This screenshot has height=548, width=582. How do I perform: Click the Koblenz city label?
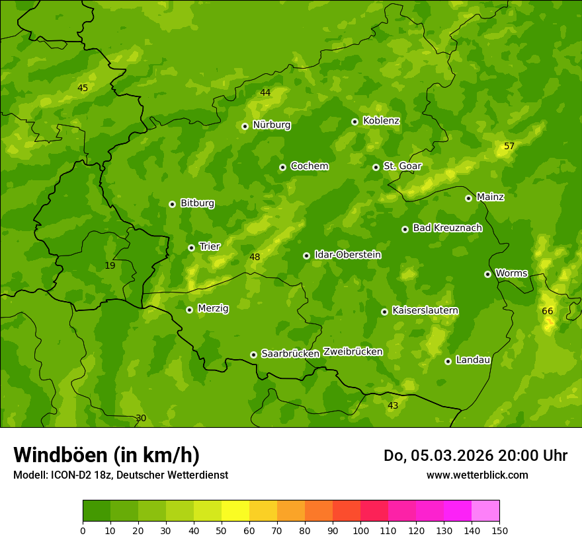point(381,121)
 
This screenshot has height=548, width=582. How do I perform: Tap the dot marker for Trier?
point(192,248)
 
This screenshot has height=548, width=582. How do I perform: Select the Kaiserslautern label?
point(425,310)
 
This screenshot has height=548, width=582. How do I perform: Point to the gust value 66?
point(548,311)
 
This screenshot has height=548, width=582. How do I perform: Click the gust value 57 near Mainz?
point(509,146)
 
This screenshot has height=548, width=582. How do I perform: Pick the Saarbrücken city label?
point(290,354)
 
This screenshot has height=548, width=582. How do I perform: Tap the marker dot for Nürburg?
point(245,126)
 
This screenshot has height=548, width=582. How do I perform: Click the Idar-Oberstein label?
point(347,255)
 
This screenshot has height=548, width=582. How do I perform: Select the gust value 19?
point(110,265)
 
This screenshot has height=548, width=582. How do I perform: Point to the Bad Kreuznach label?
point(447,228)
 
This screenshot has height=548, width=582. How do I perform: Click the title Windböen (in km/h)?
point(106,455)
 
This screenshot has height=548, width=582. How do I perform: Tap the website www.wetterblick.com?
point(477,475)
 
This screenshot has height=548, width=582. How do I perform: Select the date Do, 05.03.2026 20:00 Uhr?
point(476,456)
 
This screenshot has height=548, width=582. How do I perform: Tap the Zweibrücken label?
point(353,352)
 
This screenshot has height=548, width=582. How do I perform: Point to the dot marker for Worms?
point(487,274)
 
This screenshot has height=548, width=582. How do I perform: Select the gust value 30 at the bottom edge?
point(141,418)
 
